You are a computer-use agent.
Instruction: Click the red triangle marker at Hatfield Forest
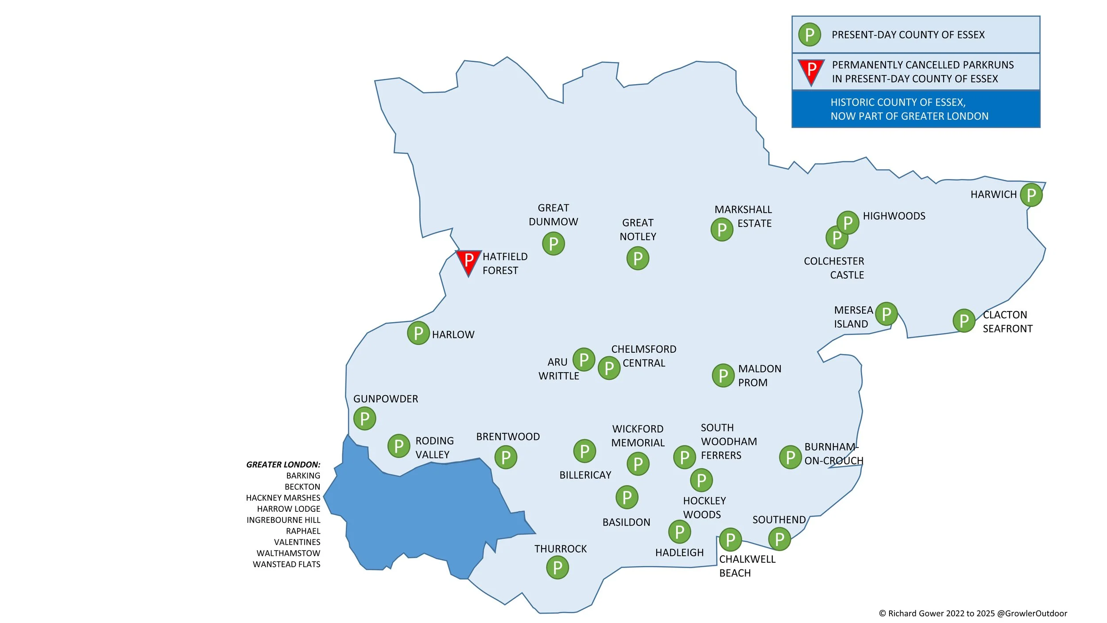tap(468, 261)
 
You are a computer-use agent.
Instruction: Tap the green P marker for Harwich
tap(1031, 195)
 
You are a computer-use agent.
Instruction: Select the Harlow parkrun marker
tap(418, 333)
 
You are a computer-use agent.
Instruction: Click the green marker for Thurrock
tap(557, 568)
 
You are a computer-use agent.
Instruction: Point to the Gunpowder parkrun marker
tap(365, 418)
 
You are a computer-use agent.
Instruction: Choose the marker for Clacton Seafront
tap(964, 321)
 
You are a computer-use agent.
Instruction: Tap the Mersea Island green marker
tap(886, 314)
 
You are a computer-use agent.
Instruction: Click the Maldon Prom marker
tap(724, 376)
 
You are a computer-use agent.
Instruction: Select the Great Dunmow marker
tap(553, 244)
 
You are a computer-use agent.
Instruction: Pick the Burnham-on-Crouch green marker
tap(790, 457)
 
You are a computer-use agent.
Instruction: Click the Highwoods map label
tap(894, 216)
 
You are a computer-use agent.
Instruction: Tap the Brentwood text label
tap(508, 437)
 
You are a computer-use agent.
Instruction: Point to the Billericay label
tap(585, 475)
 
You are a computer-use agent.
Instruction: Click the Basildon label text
tap(626, 522)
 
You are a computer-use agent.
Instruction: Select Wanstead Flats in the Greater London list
tap(286, 565)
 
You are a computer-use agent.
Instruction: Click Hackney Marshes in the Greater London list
tap(283, 498)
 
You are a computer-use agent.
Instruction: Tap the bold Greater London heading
tap(283, 465)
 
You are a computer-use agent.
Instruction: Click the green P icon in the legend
tap(809, 35)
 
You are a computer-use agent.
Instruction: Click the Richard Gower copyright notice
tap(973, 613)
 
